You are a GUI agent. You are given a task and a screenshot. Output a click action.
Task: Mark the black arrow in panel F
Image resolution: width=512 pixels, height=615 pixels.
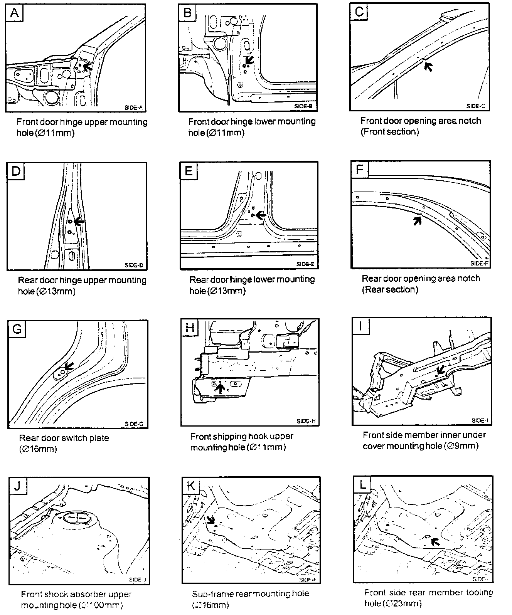tap(417, 220)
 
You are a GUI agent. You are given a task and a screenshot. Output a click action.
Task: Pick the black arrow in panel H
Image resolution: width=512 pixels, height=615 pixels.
tap(220, 388)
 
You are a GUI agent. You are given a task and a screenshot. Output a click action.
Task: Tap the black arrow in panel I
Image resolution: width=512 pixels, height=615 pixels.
tap(440, 370)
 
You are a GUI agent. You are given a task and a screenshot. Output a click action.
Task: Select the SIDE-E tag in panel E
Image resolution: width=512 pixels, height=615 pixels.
tap(305, 264)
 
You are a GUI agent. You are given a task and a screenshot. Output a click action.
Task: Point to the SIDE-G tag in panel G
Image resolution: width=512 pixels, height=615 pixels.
tap(134, 423)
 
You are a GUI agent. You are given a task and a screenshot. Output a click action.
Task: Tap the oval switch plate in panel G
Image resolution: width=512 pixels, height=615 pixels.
tap(61, 373)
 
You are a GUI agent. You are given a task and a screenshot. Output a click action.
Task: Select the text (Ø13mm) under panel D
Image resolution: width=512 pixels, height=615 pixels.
tap(56, 291)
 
